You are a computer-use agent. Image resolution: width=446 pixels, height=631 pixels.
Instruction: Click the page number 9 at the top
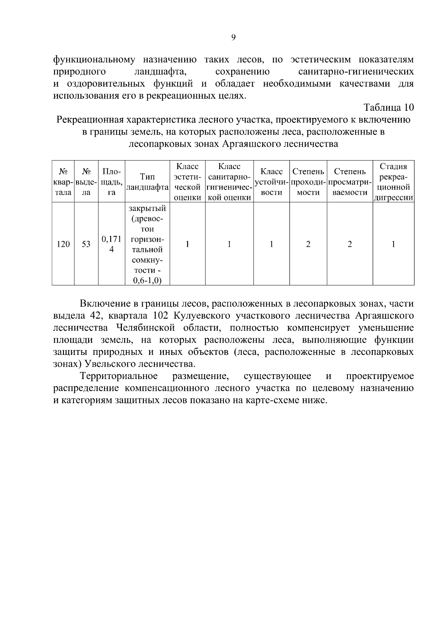(x=233, y=37)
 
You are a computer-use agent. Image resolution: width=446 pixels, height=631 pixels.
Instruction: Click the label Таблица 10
(x=389, y=108)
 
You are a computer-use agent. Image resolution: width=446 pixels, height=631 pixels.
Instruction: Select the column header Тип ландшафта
(x=147, y=182)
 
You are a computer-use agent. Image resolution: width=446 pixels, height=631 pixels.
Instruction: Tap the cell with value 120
(x=63, y=244)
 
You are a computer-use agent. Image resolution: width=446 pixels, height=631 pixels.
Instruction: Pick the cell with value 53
(x=86, y=244)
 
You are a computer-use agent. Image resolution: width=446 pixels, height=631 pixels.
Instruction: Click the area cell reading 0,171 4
(x=111, y=244)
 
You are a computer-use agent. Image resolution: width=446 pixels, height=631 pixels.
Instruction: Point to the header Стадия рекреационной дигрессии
(x=393, y=182)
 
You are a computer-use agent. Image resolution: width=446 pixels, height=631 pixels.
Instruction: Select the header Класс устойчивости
(x=271, y=182)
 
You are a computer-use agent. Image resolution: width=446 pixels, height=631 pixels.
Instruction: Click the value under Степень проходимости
(x=308, y=244)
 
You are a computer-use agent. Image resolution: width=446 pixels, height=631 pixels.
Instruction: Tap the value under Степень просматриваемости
(x=349, y=244)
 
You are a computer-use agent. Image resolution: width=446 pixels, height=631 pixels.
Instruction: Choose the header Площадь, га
(x=111, y=182)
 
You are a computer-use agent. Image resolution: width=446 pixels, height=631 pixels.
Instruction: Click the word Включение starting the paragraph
(x=102, y=304)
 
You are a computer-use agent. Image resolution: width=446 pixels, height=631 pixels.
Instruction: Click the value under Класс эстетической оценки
(x=187, y=244)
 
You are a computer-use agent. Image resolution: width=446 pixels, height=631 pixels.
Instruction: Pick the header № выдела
(x=86, y=182)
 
